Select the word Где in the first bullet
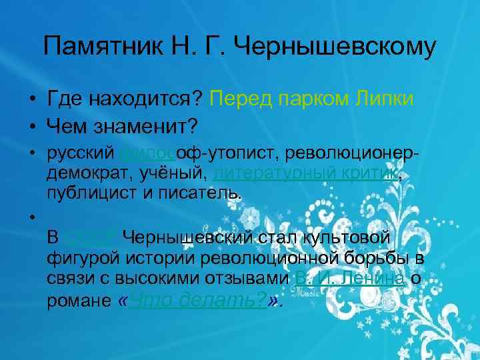(63, 99)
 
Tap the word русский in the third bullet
(81, 154)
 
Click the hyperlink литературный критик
(306, 174)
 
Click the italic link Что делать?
(199, 300)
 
